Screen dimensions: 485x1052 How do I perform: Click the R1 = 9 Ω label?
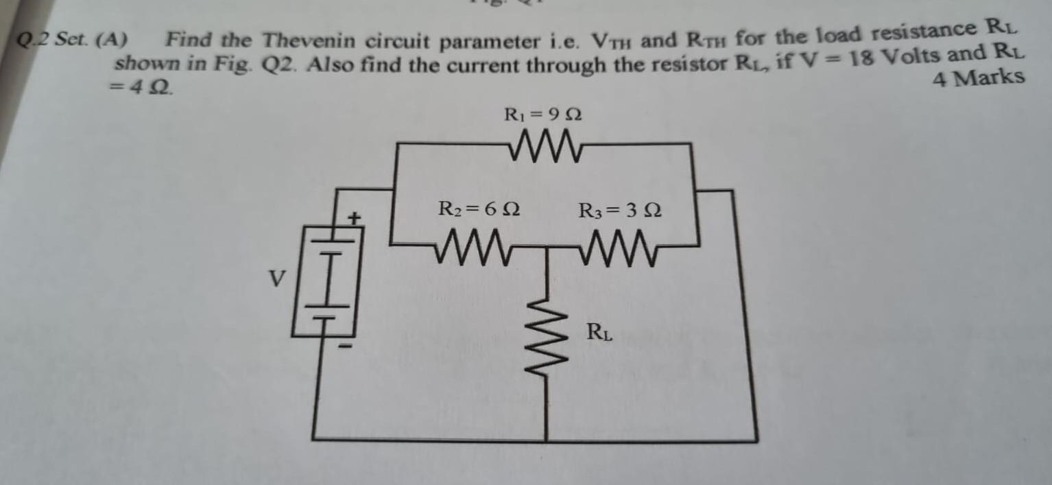click(543, 115)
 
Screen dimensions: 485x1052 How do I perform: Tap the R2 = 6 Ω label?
click(479, 208)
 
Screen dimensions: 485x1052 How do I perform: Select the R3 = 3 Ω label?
click(620, 209)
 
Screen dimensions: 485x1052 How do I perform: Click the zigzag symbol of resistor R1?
click(547, 145)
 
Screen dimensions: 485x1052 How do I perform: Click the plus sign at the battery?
click(354, 219)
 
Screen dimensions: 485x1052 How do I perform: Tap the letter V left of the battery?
click(276, 279)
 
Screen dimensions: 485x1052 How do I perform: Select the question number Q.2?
click(32, 40)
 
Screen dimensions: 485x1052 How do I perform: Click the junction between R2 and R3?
click(547, 245)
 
